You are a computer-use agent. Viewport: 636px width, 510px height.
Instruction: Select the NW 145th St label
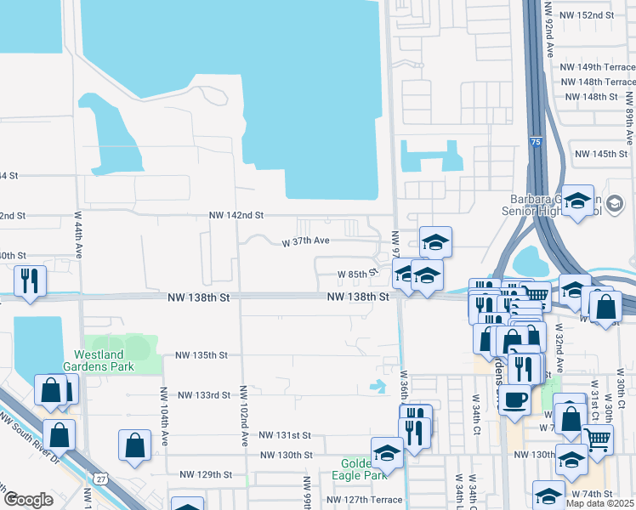pyautogui.click(x=601, y=154)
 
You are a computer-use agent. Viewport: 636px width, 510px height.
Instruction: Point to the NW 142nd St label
pyautogui.click(x=236, y=216)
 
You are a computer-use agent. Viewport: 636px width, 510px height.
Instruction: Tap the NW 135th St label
pyautogui.click(x=203, y=354)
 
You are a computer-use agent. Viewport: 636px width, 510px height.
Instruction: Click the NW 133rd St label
pyautogui.click(x=204, y=395)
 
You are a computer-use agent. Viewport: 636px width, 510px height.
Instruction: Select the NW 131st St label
pyautogui.click(x=286, y=434)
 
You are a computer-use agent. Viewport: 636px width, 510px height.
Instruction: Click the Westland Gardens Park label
pyautogui.click(x=105, y=360)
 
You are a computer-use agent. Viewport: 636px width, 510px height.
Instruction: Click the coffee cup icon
pyautogui.click(x=514, y=399)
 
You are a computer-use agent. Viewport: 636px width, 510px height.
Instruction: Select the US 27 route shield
pyautogui.click(x=100, y=481)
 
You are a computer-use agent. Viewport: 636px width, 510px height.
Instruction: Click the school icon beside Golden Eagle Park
pyautogui.click(x=387, y=451)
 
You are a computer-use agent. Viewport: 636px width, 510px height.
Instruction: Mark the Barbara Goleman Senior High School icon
pyautogui.click(x=578, y=201)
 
